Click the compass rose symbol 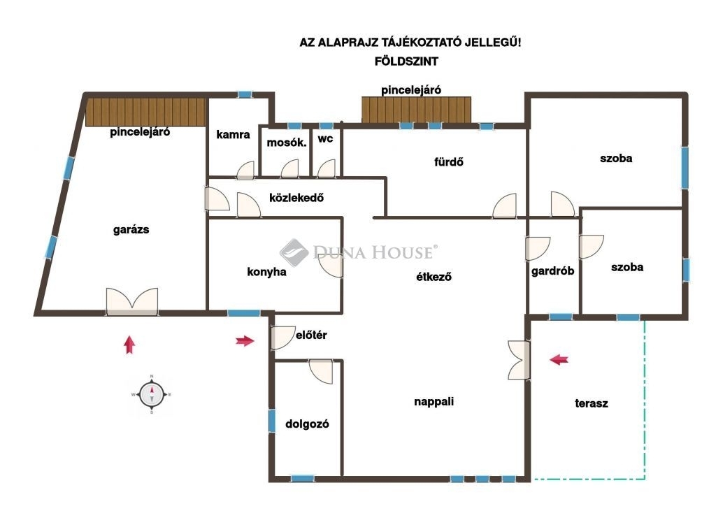(x=152, y=395)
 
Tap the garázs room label (x=131, y=229)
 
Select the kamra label (x=233, y=135)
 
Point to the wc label (x=325, y=138)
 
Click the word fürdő (x=448, y=161)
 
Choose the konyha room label (x=266, y=272)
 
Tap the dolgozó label (x=307, y=424)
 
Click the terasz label (x=592, y=403)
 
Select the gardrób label (x=552, y=271)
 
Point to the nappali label (x=434, y=402)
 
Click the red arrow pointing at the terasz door (x=559, y=359)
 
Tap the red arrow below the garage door (x=129, y=345)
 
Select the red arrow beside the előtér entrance (x=245, y=340)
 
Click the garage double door (x=132, y=302)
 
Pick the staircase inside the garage (x=145, y=111)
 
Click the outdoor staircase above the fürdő (x=416, y=110)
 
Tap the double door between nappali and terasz (x=520, y=360)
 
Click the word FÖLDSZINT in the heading (x=406, y=61)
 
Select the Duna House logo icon (x=294, y=252)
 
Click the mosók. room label (x=286, y=143)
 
